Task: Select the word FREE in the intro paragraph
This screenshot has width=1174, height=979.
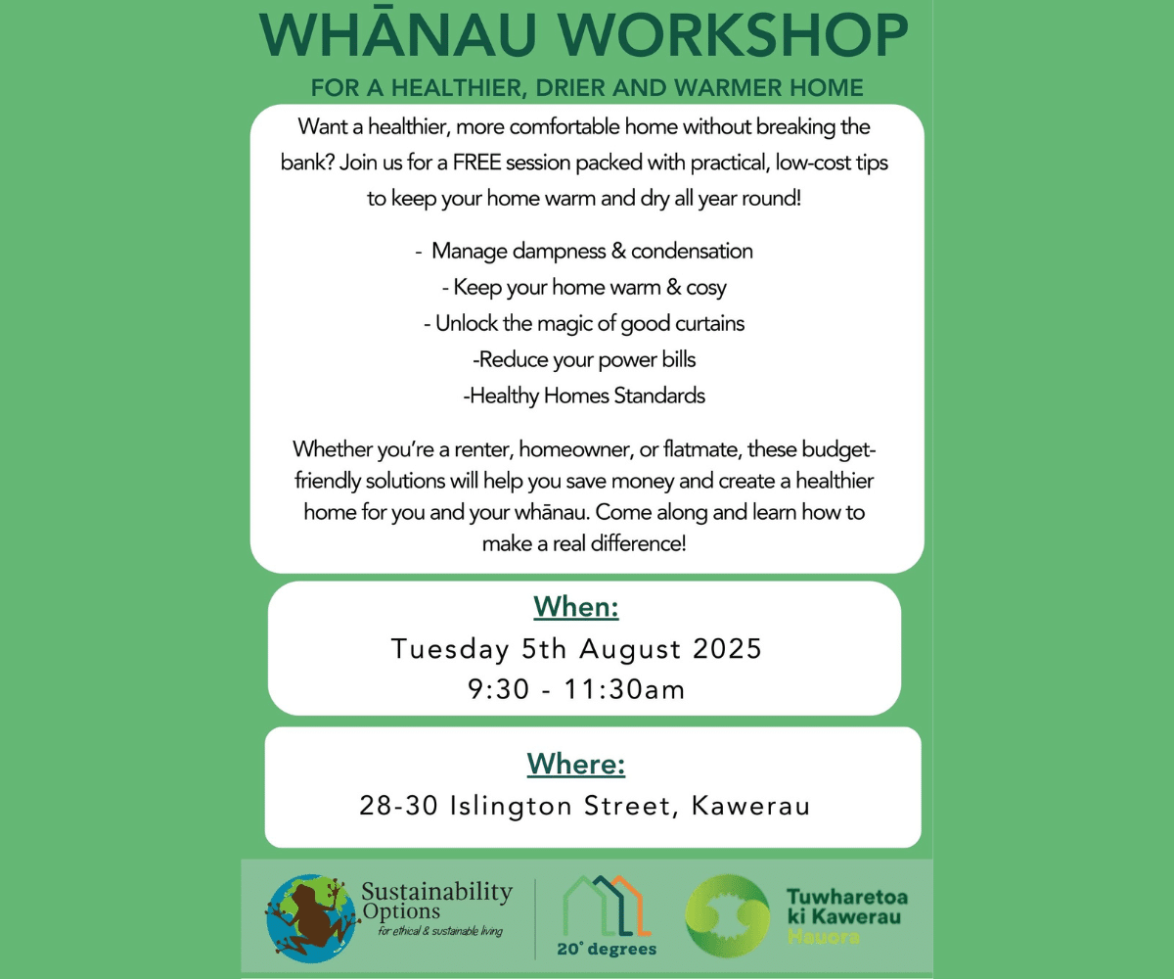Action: pyautogui.click(x=476, y=163)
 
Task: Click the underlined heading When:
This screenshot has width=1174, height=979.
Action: pyautogui.click(x=576, y=607)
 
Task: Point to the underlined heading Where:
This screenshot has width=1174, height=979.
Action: pyautogui.click(x=576, y=764)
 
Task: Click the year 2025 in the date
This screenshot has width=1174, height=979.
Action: pyautogui.click(x=727, y=649)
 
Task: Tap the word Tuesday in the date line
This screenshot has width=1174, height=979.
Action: pyautogui.click(x=450, y=650)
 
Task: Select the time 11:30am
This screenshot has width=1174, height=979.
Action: pyautogui.click(x=625, y=690)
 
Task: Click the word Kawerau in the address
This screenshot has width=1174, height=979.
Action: pyautogui.click(x=750, y=806)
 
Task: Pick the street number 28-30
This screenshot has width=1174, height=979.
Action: pyautogui.click(x=398, y=806)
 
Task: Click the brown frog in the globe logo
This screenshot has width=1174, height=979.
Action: pyautogui.click(x=311, y=918)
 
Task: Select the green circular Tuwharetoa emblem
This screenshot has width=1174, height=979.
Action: pyautogui.click(x=727, y=915)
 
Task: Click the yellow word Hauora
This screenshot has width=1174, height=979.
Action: pyautogui.click(x=823, y=937)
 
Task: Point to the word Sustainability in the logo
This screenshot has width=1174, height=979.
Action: pyautogui.click(x=437, y=892)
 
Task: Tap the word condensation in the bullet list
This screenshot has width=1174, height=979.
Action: pyautogui.click(x=692, y=251)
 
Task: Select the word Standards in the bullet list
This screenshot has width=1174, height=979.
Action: pyautogui.click(x=659, y=396)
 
